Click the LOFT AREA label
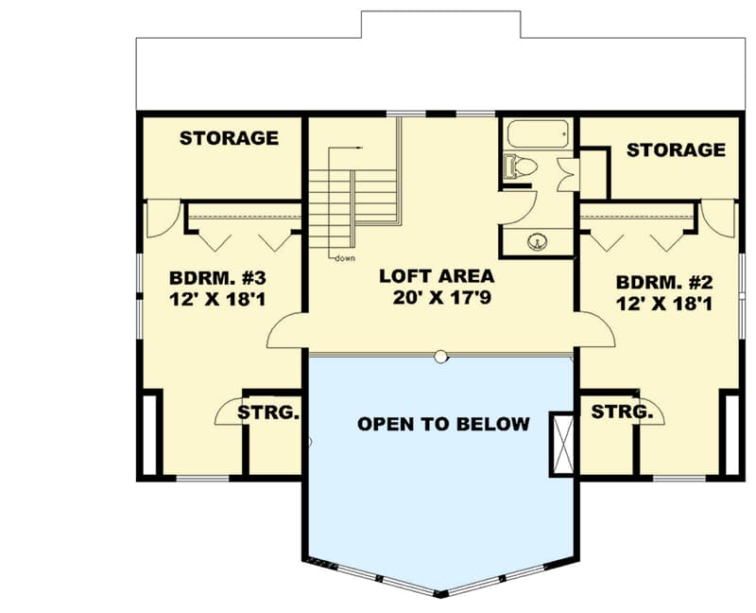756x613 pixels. (x=436, y=276)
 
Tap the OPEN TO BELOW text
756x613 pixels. (x=443, y=424)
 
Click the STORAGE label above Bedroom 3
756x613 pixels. (x=229, y=138)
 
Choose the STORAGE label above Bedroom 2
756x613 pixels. (x=676, y=149)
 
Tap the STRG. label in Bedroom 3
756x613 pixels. (x=268, y=413)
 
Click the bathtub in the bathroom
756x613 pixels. (x=539, y=133)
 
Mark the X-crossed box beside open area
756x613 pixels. (x=561, y=443)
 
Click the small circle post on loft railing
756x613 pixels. (x=440, y=356)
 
